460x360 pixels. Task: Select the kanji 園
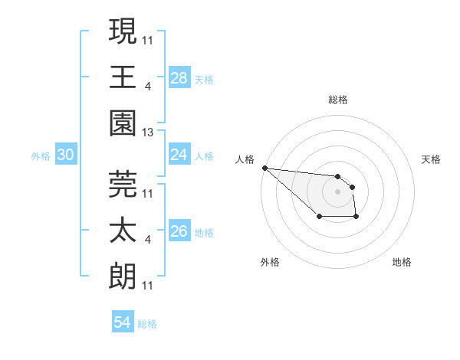coord(123,122)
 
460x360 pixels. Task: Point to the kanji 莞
coord(123,183)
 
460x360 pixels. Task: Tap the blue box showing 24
coord(179,154)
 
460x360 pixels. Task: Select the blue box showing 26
coord(179,231)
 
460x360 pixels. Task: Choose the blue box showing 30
coord(66,155)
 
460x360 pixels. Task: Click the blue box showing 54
coord(122,322)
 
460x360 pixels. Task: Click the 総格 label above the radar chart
coord(338,100)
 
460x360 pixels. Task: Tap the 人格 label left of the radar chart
coord(245,159)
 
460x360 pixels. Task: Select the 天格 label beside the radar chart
coord(432,159)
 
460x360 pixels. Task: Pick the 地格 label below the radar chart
coord(402,262)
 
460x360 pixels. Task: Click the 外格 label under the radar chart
coord(270,262)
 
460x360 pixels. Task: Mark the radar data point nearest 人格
coord(264,168)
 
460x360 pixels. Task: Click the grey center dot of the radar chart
coord(337,191)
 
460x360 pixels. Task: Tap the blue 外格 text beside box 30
coord(41,156)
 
